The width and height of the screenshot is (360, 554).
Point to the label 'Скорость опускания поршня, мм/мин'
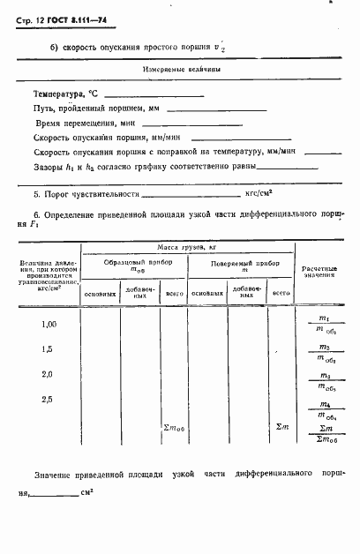[x=92, y=138]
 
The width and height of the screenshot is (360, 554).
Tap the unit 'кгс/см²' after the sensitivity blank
[x=259, y=191]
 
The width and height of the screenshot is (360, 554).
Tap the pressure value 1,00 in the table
[x=49, y=326]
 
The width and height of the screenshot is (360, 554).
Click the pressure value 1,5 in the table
[x=49, y=349]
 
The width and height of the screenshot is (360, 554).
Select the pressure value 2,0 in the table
[x=49, y=374]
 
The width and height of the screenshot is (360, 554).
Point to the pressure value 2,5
[x=49, y=399]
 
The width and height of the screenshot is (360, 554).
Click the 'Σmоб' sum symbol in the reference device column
[x=173, y=428]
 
